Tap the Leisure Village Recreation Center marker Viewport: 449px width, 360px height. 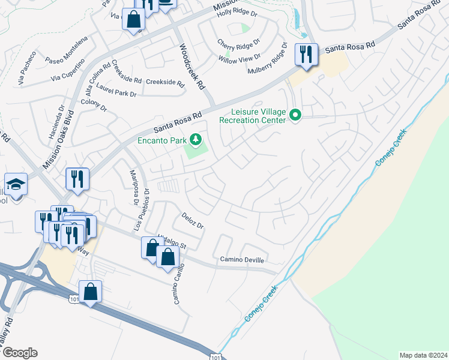295,114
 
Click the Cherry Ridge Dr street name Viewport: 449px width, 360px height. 239,44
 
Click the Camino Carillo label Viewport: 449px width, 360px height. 178,284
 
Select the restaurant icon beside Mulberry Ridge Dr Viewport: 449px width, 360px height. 306,55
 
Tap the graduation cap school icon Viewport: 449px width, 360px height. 16,184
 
